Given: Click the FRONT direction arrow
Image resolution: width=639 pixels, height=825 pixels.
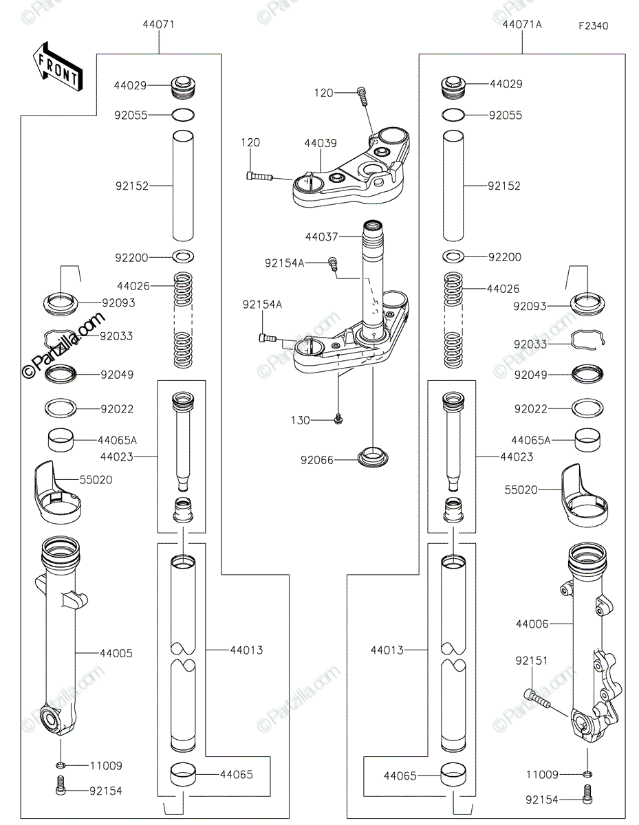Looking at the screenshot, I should [x=57, y=67].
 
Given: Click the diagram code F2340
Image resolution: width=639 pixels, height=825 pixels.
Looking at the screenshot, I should [x=593, y=26].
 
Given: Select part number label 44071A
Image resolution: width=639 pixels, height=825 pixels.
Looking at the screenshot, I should [x=522, y=24].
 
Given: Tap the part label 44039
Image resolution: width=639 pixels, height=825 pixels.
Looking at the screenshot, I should [x=320, y=143].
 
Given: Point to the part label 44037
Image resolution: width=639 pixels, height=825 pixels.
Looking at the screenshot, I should [x=322, y=236].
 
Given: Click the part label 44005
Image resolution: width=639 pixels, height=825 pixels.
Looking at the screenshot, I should [x=116, y=652].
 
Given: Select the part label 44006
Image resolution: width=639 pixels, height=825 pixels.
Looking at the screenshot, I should [x=532, y=624].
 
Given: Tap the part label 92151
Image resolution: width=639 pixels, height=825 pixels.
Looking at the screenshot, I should [x=532, y=660].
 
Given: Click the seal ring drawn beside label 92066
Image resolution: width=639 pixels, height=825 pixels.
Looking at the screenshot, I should [x=371, y=456].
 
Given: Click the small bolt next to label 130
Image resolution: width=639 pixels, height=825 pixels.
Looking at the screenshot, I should [x=338, y=417].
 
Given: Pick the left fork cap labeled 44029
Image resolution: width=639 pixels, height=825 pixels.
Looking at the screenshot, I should [x=182, y=86].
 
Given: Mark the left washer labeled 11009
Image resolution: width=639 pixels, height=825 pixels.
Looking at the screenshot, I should [x=61, y=765].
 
